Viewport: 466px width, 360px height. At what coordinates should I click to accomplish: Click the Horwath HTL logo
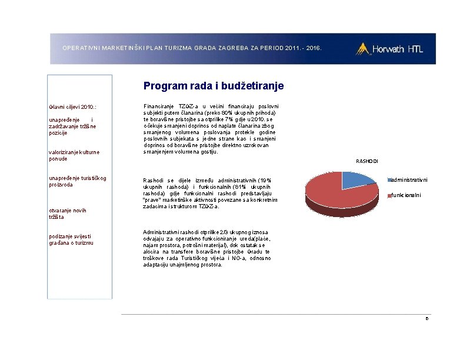(x=389, y=49)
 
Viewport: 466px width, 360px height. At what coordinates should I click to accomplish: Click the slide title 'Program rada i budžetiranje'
(x=214, y=86)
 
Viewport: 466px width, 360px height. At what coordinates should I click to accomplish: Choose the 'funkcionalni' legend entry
(x=405, y=195)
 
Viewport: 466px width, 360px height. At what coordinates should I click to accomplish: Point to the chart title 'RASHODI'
(x=367, y=161)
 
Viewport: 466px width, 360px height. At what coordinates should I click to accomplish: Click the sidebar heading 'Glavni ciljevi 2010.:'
(x=72, y=107)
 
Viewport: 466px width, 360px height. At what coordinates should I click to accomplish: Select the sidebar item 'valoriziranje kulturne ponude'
(x=74, y=155)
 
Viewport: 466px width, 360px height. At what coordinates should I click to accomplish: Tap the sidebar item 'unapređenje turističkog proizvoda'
(x=77, y=181)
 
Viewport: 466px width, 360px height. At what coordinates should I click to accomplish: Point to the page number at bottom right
(x=428, y=318)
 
